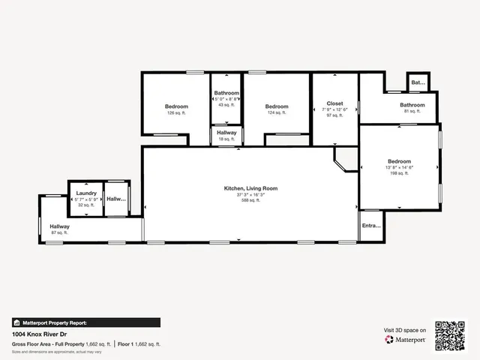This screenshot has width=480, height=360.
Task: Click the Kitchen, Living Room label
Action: coord(250,188)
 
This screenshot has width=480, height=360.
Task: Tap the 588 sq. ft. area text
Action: coord(250,200)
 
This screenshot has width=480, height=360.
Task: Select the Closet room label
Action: coord(334,103)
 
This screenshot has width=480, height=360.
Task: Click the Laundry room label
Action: coord(86,193)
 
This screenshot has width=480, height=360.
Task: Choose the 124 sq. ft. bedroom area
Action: coord(277,113)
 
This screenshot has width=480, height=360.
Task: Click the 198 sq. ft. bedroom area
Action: coord(399,173)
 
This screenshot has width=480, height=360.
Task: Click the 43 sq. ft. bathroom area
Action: coord(226,104)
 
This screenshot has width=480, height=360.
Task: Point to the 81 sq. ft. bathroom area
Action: coord(412,112)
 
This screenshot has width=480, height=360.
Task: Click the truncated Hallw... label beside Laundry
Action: coord(116,199)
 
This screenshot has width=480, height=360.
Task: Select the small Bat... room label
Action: coord(418,82)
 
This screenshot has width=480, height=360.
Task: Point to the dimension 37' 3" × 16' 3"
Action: coord(250,194)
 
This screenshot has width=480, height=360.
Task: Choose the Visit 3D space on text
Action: coord(405,330)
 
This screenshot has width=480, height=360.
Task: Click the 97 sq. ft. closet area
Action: coord(334,115)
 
